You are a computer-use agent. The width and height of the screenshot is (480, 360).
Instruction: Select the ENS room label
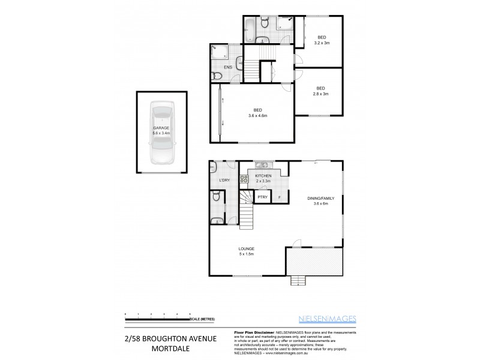(x=228, y=67)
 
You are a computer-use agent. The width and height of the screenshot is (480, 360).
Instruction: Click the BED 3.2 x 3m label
(x=322, y=40)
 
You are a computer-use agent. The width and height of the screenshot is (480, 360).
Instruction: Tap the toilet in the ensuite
(x=217, y=76)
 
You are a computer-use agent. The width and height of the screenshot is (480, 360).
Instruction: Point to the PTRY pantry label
(x=262, y=197)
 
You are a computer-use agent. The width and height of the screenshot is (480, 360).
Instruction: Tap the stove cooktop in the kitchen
(x=244, y=178)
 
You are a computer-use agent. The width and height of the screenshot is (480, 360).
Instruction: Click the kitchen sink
(x=263, y=164)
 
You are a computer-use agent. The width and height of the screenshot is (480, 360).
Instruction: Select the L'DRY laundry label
(x=224, y=180)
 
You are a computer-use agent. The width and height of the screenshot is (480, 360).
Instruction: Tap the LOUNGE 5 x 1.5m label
(x=246, y=251)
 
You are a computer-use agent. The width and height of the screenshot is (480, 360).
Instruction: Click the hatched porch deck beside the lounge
(x=314, y=261)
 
